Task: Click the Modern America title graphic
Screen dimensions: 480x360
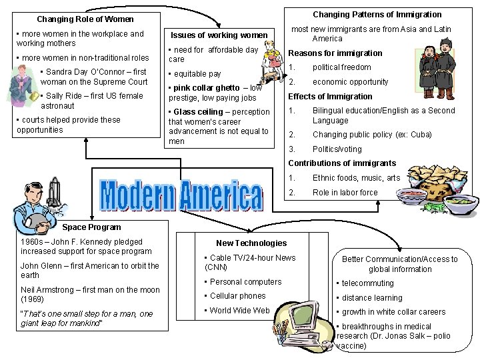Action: point(181,195)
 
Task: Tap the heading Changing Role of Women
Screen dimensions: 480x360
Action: point(85,19)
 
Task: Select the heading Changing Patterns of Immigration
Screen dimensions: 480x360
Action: point(377,14)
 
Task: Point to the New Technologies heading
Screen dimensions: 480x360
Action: point(251,243)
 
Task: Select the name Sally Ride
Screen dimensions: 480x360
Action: point(64,96)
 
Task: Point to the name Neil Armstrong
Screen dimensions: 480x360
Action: point(47,290)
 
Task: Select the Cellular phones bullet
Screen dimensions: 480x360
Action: point(237,296)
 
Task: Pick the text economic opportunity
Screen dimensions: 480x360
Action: point(350,82)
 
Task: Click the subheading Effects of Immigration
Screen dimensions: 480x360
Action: point(330,97)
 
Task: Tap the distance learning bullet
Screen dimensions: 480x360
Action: point(372,298)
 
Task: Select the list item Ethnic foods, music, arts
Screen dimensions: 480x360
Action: point(356,178)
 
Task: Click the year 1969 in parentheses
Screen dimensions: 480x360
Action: point(32,299)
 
